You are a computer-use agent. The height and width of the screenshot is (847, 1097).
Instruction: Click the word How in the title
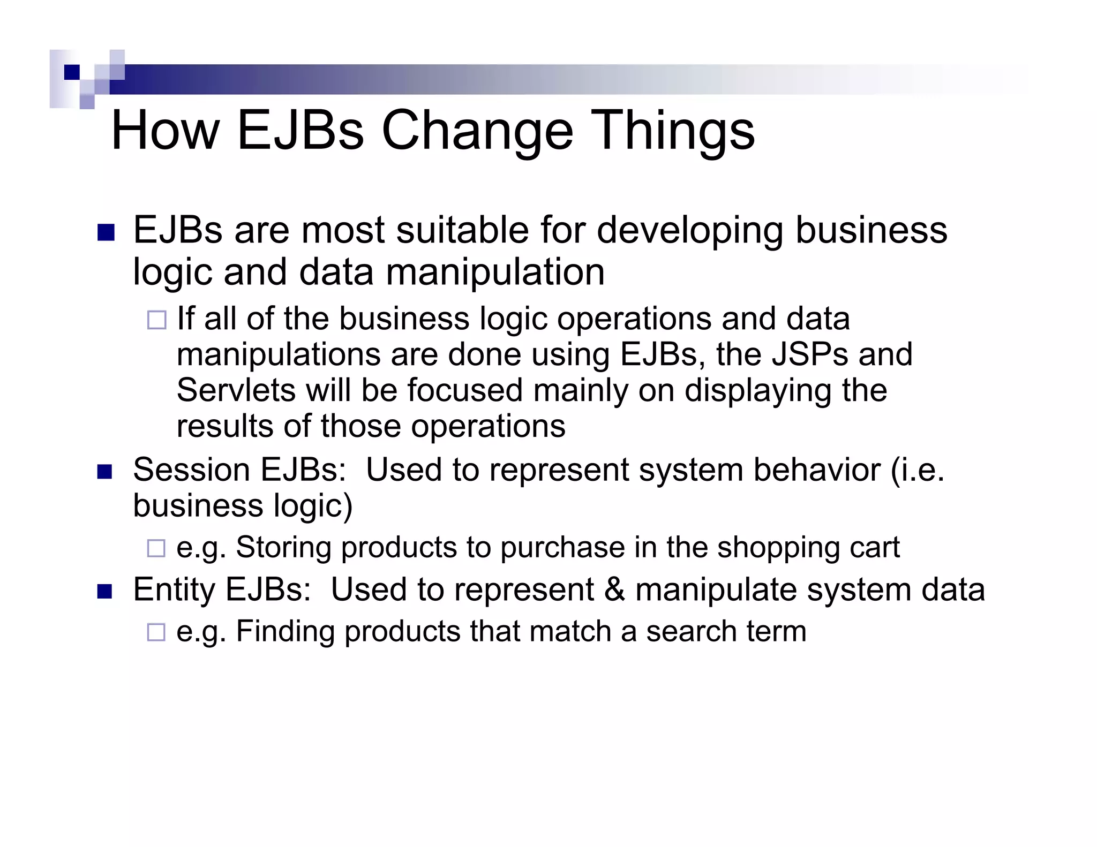165,131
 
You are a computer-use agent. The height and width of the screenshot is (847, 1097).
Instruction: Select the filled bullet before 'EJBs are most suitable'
106,232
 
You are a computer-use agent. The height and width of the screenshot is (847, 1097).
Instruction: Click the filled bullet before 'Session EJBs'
105,472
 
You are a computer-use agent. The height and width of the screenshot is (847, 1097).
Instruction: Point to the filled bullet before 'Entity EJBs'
105,591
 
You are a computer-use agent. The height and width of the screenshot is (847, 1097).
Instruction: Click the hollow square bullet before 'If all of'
157,320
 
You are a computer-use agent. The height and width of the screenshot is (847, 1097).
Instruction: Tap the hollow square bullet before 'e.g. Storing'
156,548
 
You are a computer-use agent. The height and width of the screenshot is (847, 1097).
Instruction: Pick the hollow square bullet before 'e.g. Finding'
156,632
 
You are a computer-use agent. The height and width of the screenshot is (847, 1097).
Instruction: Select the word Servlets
236,390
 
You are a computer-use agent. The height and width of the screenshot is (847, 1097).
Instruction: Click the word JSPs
809,354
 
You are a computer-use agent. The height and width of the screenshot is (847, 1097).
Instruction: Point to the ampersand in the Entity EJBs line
614,589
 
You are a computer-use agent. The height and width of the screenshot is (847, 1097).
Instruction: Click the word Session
191,470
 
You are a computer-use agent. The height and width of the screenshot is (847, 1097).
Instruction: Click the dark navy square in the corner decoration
72,72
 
